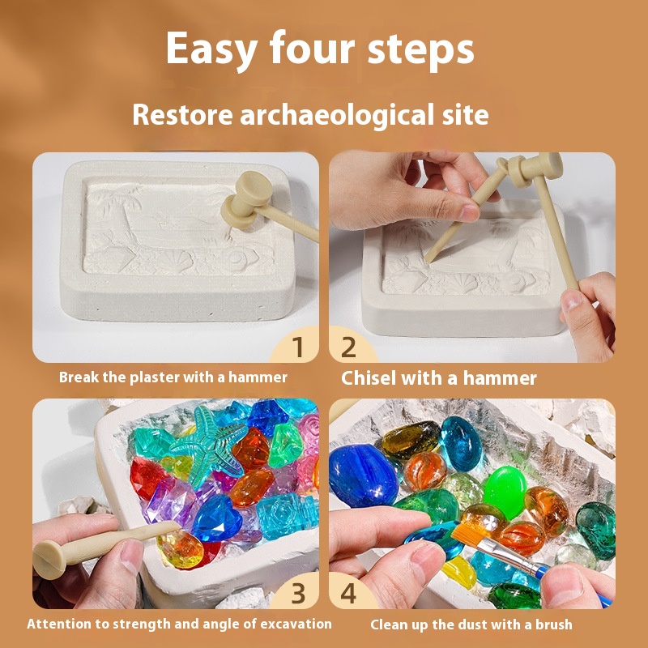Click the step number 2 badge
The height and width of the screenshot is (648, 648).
348,347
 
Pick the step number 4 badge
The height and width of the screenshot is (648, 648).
348,593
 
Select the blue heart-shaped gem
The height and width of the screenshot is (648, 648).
217,518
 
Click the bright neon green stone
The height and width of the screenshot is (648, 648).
505,492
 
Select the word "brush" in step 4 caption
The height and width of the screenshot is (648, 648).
554,625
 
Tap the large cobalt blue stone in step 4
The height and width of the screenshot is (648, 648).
362,475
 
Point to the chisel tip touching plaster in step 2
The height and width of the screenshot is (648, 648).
428,259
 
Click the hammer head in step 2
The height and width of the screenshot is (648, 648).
535,168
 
